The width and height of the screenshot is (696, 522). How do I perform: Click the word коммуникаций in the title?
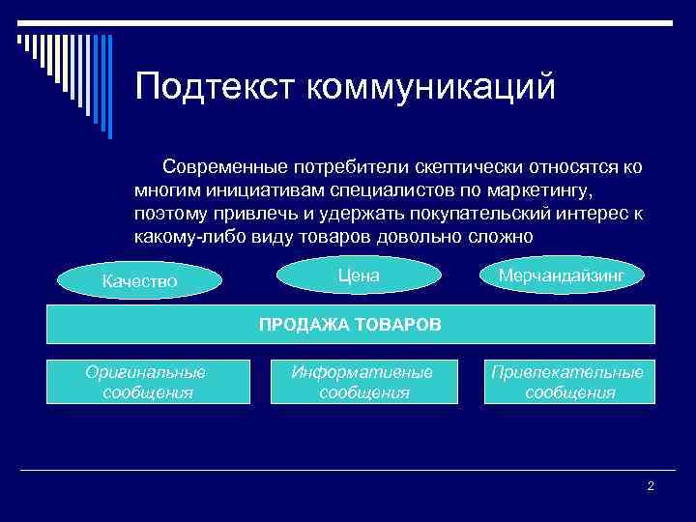[431, 86]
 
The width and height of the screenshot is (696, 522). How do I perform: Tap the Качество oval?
[140, 281]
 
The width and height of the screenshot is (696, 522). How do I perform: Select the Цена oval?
[359, 276]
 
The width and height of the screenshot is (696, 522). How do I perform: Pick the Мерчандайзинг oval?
[562, 276]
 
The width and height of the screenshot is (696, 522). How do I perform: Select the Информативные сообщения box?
[364, 382]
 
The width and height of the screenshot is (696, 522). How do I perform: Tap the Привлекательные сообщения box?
[568, 382]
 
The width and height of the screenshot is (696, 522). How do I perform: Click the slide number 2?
[651, 485]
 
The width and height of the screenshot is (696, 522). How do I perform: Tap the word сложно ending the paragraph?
[499, 237]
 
